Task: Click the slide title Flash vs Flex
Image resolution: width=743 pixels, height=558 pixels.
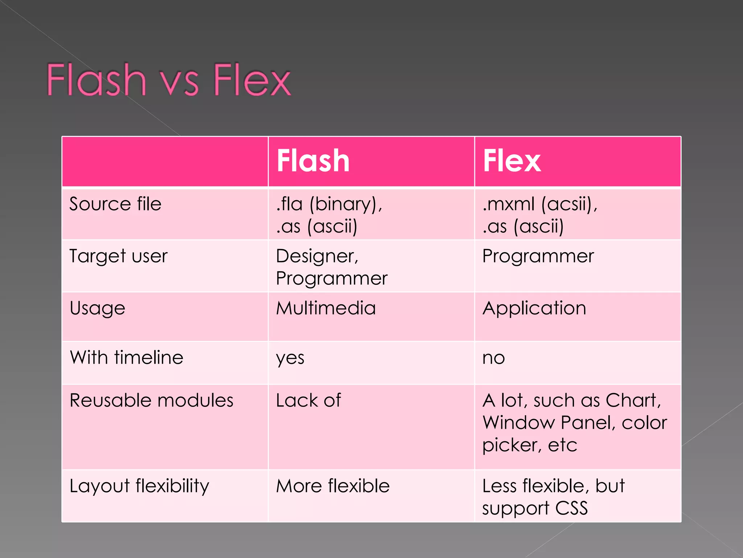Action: click(169, 80)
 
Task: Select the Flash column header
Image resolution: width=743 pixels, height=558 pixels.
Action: click(313, 161)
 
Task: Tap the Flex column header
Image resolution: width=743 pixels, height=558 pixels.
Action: click(512, 161)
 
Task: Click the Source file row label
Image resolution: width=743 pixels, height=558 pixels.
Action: click(115, 204)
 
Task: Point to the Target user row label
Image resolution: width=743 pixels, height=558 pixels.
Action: click(118, 256)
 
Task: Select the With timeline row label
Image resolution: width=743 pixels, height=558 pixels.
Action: click(126, 357)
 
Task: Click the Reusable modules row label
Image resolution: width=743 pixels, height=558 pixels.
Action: click(151, 401)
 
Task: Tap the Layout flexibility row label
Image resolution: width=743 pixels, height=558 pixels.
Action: click(139, 486)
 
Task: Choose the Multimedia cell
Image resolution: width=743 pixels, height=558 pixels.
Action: click(325, 308)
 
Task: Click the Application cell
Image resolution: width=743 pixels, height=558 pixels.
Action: click(534, 308)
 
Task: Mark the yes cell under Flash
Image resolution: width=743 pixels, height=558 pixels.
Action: click(290, 358)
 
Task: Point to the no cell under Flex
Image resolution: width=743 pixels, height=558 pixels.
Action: click(493, 358)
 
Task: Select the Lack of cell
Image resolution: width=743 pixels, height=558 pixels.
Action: click(308, 401)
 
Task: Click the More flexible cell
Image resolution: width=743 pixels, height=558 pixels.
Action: click(333, 486)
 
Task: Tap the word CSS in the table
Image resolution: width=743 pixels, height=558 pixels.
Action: click(571, 508)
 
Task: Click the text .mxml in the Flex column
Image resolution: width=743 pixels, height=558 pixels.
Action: click(508, 204)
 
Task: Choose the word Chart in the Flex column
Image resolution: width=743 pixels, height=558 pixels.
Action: click(633, 401)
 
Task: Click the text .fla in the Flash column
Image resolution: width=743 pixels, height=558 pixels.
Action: click(289, 204)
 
